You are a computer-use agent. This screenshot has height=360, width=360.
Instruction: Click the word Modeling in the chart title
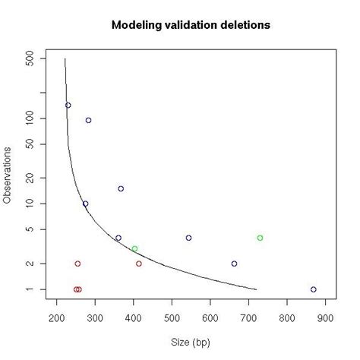[x=137, y=26]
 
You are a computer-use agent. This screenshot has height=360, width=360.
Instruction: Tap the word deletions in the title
[x=243, y=26]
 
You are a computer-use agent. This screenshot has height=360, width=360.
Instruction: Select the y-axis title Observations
[x=8, y=174]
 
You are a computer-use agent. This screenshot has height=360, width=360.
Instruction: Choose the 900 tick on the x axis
[x=325, y=317]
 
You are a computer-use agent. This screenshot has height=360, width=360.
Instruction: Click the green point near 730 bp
[x=260, y=238]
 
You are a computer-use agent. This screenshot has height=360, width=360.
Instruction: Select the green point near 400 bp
[x=134, y=248]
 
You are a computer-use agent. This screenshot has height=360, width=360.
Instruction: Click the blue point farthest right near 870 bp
[x=313, y=289]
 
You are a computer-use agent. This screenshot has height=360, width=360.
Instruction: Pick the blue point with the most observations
[x=68, y=106]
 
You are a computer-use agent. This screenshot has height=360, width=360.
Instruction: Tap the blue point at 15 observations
[x=121, y=188]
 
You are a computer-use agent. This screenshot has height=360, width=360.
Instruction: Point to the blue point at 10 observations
[x=85, y=204]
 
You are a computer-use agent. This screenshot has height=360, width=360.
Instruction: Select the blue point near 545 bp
[x=188, y=238]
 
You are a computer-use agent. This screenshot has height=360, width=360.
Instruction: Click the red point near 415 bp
[x=139, y=264]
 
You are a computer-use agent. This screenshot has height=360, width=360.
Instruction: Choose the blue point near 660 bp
[x=234, y=264]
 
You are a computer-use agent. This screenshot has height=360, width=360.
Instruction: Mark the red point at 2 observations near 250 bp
[x=77, y=264]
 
